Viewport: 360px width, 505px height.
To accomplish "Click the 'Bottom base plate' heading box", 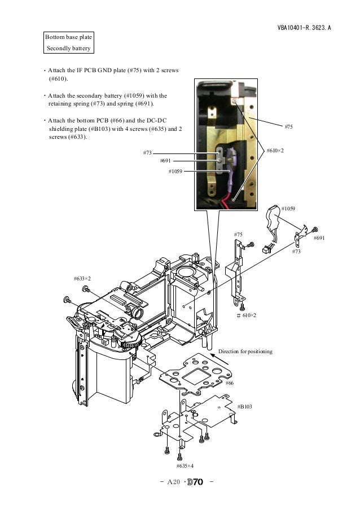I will click(x=68, y=37).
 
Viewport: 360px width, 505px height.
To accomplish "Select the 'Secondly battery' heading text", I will click(x=68, y=48).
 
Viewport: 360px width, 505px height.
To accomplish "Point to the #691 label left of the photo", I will click(x=166, y=161).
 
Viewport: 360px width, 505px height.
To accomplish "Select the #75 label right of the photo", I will click(x=288, y=128).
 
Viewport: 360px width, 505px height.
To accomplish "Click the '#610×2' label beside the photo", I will click(x=275, y=150).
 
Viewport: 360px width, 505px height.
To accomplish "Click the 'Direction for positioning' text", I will click(x=245, y=352).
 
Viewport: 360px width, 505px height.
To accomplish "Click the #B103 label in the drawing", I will click(x=244, y=406).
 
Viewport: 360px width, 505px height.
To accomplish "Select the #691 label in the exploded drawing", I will click(x=319, y=238).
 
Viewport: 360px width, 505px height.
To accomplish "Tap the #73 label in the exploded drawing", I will click(x=296, y=252).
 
